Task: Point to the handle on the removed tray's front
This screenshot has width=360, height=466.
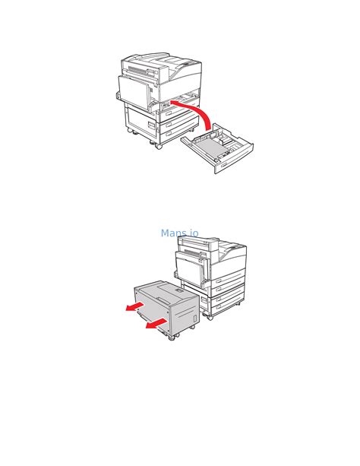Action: (x=225, y=162)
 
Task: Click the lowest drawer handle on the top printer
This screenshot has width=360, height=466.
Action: (x=169, y=133)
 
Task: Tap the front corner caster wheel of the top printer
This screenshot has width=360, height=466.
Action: (x=159, y=145)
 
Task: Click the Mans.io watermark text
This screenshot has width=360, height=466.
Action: (x=179, y=233)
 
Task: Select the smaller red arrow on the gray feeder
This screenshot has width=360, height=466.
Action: (x=135, y=306)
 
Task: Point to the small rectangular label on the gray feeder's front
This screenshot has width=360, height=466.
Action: (x=194, y=318)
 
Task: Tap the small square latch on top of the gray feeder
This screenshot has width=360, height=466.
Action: (x=180, y=290)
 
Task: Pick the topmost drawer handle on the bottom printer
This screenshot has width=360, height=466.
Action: (x=219, y=281)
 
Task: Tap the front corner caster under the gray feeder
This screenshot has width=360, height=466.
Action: (x=172, y=338)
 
